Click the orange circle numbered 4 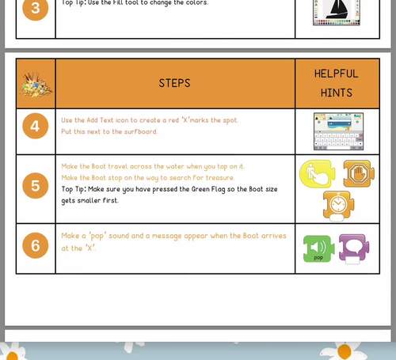(x=36, y=127)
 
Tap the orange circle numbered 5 (x=36, y=187)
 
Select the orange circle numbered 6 (x=36, y=246)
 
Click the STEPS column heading (x=174, y=83)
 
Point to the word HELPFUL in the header (x=337, y=74)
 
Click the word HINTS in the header (x=337, y=93)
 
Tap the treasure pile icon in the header (x=35, y=83)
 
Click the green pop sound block (x=318, y=248)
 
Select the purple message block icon (x=354, y=248)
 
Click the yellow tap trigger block (x=317, y=174)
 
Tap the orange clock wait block (x=338, y=205)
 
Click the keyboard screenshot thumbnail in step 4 (x=338, y=131)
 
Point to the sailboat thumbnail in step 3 (x=337, y=11)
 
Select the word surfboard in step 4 (x=141, y=132)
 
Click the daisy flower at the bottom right (x=344, y=349)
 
